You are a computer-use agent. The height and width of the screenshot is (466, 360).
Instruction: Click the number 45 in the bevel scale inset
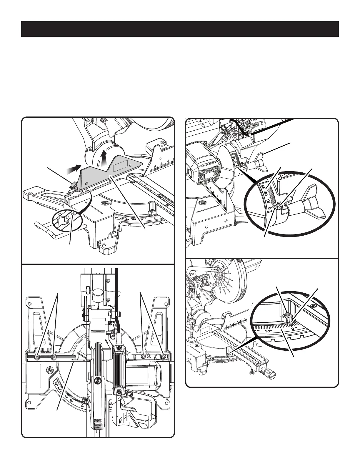(263, 187)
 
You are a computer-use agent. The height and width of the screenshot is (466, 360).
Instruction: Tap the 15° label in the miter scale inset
(268, 331)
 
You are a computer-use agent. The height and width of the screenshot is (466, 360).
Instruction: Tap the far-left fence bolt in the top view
(37, 357)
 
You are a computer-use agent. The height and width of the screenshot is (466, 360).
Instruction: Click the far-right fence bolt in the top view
(164, 357)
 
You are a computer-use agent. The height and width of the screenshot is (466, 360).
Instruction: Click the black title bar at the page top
(180, 29)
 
